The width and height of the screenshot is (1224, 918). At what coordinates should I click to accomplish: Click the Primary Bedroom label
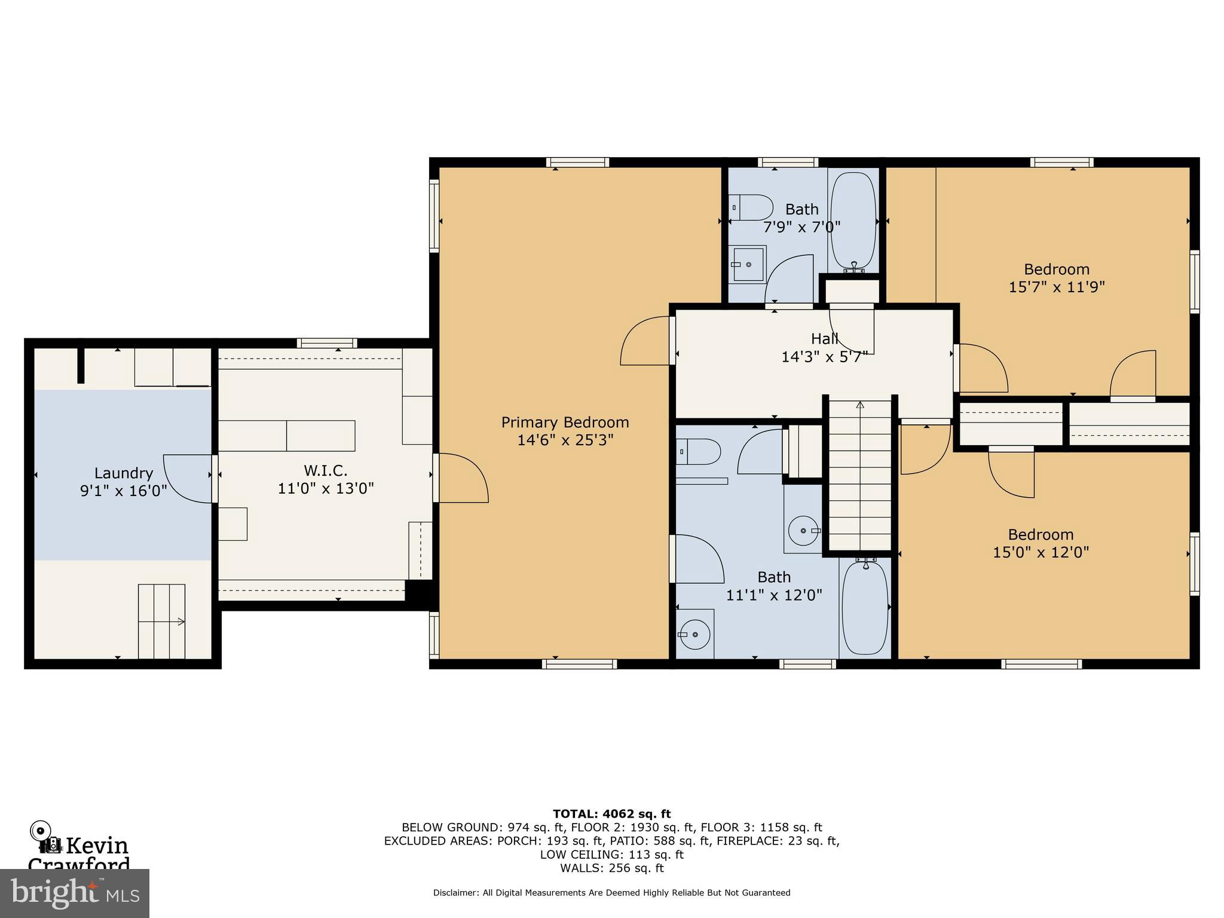(565, 423)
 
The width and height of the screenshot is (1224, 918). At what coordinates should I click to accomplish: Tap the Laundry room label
(124, 473)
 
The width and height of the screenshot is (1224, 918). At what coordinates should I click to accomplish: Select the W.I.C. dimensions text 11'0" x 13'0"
(326, 488)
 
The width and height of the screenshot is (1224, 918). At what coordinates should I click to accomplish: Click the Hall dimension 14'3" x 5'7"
(825, 357)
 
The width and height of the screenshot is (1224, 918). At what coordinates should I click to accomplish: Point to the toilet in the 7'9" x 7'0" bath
(751, 207)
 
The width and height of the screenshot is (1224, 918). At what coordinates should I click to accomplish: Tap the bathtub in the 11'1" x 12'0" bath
(865, 607)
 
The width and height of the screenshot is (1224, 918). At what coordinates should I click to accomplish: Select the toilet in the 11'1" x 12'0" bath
(699, 452)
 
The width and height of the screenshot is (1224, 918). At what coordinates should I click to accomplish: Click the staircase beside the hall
(860, 475)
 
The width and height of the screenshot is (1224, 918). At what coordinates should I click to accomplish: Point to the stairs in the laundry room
(161, 622)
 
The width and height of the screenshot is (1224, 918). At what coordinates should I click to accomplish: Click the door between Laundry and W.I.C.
(188, 479)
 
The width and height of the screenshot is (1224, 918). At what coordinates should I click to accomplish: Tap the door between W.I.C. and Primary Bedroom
(461, 478)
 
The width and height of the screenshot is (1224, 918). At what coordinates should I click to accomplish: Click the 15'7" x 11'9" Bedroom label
(1057, 278)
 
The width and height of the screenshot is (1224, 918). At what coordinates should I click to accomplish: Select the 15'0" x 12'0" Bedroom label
(1041, 543)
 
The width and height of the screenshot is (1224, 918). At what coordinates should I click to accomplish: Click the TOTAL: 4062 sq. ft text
(611, 814)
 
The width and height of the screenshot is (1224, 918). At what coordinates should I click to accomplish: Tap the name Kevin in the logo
(97, 846)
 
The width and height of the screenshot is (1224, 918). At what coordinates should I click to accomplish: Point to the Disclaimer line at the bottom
(611, 892)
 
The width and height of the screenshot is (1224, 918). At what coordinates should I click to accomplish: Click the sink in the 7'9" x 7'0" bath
(748, 264)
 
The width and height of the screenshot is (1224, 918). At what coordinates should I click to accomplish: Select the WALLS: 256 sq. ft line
(611, 868)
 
